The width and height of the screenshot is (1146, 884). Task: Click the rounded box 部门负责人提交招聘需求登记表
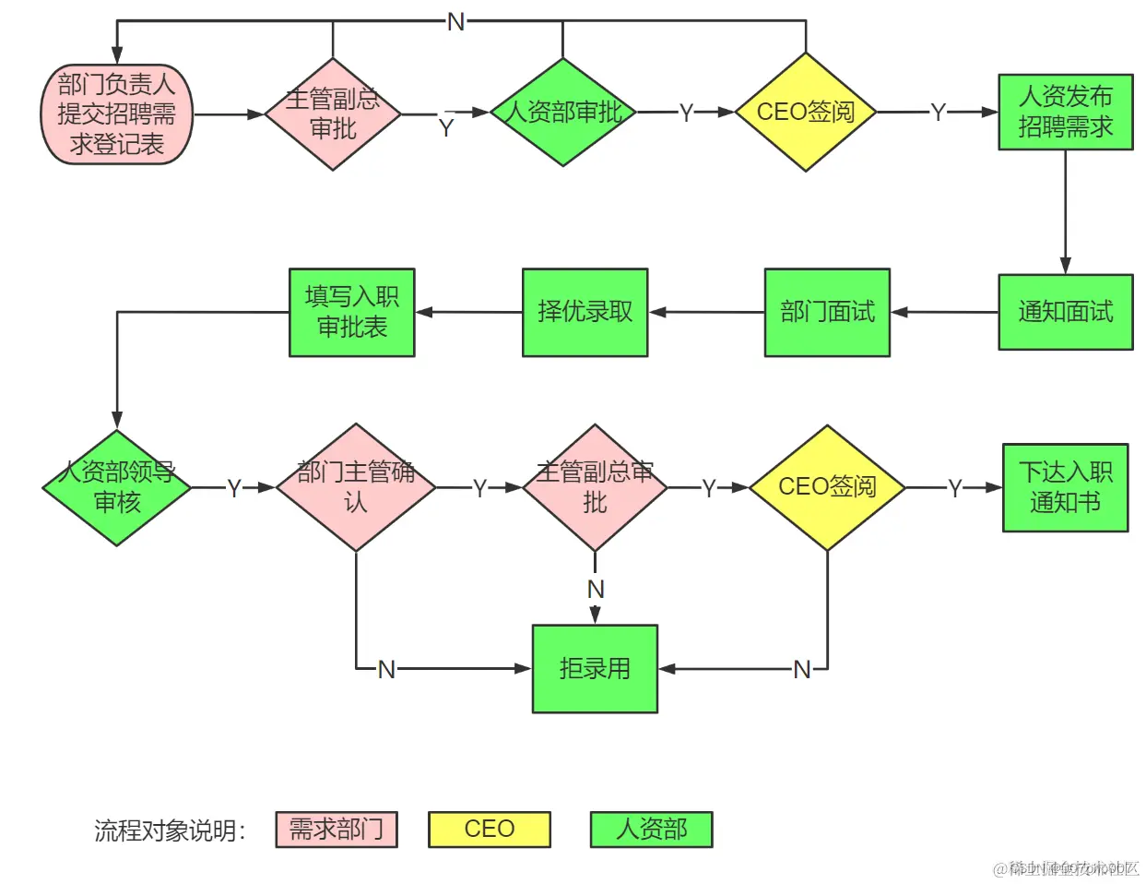pyautogui.click(x=117, y=114)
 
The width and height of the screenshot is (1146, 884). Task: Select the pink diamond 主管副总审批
pyautogui.click(x=333, y=114)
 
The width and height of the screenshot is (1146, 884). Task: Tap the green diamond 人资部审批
pyautogui.click(x=562, y=113)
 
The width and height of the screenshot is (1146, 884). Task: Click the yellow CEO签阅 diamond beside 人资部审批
pyautogui.click(x=806, y=113)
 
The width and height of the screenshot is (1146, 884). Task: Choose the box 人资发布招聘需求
pyautogui.click(x=1065, y=112)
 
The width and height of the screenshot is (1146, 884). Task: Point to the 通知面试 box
pyautogui.click(x=1065, y=312)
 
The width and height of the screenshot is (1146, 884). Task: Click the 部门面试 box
pyautogui.click(x=827, y=312)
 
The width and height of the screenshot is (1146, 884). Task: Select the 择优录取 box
pyautogui.click(x=585, y=312)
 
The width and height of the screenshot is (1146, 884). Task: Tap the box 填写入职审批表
pyautogui.click(x=352, y=312)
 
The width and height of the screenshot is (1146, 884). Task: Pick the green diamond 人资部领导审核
pyautogui.click(x=117, y=487)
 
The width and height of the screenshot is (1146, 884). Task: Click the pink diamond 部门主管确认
pyautogui.click(x=356, y=487)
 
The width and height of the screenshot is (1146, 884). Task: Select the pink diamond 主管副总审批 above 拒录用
pyautogui.click(x=595, y=487)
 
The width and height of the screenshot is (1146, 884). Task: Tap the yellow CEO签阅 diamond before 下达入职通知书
pyautogui.click(x=827, y=487)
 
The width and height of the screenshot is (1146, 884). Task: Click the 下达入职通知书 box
pyautogui.click(x=1065, y=487)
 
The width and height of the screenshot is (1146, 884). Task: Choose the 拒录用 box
pyautogui.click(x=595, y=669)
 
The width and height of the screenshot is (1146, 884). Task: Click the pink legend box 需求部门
pyautogui.click(x=337, y=830)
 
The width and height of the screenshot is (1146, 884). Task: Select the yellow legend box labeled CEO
pyautogui.click(x=490, y=830)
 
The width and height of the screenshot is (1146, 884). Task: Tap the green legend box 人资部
pyautogui.click(x=652, y=830)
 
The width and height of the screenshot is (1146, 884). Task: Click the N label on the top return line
pyautogui.click(x=456, y=22)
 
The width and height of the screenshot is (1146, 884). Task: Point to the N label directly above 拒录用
pyautogui.click(x=596, y=589)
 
